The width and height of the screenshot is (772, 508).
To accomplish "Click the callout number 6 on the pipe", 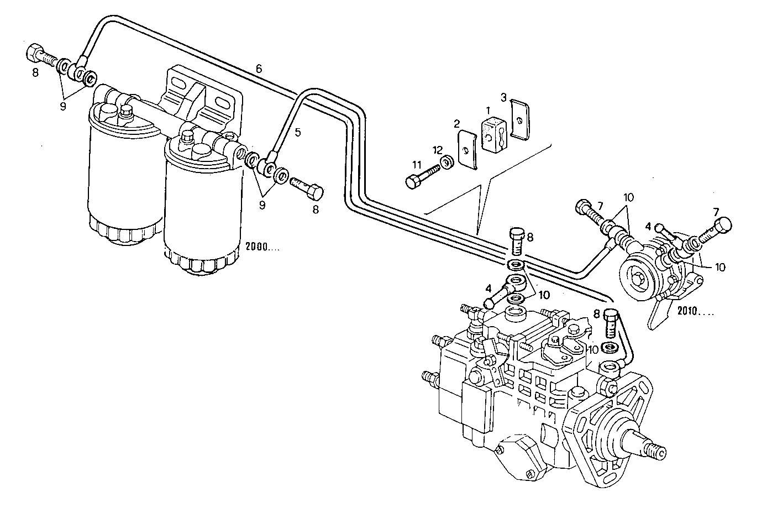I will point(259,69).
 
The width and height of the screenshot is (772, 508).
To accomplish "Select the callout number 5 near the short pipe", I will point(297,133).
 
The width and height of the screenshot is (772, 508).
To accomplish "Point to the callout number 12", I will point(438,150).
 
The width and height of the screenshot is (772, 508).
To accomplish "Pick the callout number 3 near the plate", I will point(503,97).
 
